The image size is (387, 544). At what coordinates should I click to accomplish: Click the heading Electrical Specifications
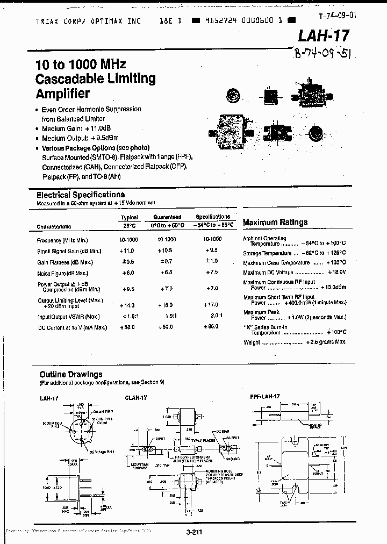point(80,195)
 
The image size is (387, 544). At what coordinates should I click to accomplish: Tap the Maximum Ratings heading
point(275,222)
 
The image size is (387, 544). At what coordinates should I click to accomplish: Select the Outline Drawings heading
point(70,374)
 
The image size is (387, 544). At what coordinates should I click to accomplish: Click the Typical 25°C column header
point(129,220)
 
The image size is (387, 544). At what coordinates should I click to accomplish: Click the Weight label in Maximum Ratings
point(252,342)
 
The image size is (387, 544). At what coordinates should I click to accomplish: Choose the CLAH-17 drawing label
point(136,397)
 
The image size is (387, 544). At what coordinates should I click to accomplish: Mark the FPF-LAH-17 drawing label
point(265,397)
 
